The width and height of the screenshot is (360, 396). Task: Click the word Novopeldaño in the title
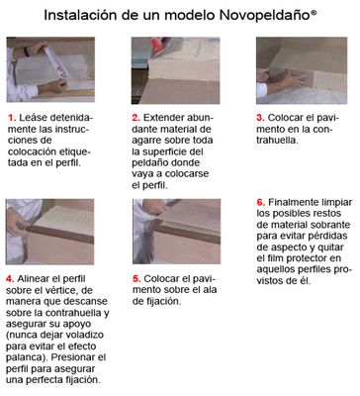pos(264,16)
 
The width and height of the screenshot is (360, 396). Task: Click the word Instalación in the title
pos(80,15)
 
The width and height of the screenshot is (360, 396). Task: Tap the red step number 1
pos(12,118)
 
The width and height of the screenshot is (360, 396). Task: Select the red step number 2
pos(135,118)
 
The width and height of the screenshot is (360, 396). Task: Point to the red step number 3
pos(260,118)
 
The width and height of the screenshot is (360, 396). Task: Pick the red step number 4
pos(10,279)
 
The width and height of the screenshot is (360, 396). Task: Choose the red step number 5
pos(136,279)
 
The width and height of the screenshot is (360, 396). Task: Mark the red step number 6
pos(261,202)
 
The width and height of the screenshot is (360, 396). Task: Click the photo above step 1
pos(50,69)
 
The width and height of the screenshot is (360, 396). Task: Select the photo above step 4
pos(49,232)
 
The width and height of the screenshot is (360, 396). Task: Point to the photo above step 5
pos(177,232)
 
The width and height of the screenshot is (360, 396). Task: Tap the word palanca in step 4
pos(27,357)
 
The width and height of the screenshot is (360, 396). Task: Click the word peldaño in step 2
pos(149,163)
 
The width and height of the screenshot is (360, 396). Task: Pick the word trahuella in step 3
pos(278,141)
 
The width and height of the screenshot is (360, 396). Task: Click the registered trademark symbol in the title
pos(314,13)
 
